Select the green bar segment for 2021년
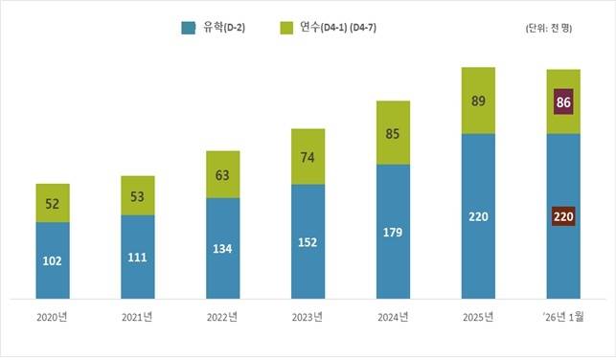pos(138,195)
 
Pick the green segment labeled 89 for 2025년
pos(478,101)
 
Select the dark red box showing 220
pos(563,217)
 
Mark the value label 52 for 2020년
pos(53,203)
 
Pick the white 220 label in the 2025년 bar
pos(478,217)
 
